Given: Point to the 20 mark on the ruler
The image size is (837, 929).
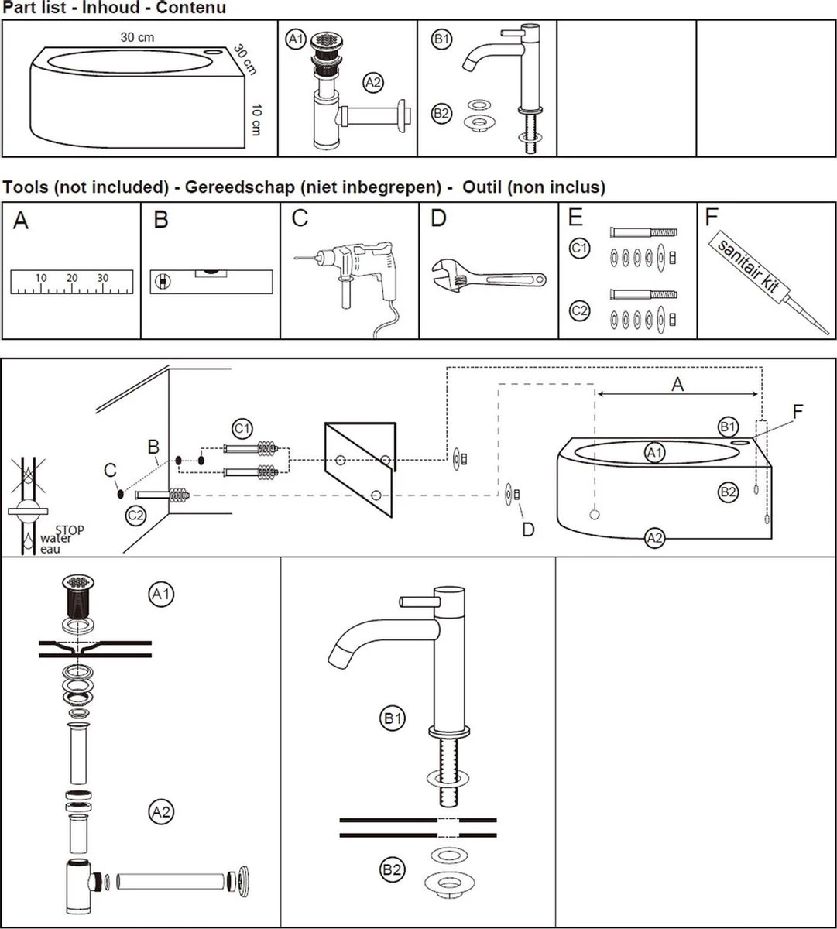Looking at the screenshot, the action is pyautogui.click(x=72, y=278).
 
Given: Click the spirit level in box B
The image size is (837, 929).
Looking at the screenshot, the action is pyautogui.click(x=211, y=281).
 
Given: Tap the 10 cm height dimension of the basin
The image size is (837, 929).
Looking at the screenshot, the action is pyautogui.click(x=256, y=119).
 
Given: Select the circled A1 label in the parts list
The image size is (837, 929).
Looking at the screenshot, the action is pyautogui.click(x=296, y=39).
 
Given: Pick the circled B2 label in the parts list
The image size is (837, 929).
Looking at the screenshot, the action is pyautogui.click(x=441, y=114).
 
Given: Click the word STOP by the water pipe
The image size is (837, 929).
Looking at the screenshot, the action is pyautogui.click(x=70, y=530).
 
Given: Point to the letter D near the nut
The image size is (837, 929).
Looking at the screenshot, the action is pyautogui.click(x=528, y=530).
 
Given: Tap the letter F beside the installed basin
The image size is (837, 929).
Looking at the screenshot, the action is pyautogui.click(x=798, y=411).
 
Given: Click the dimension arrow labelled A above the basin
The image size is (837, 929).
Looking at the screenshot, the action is pyautogui.click(x=677, y=394).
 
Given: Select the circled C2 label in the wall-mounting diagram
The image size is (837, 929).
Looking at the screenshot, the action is pyautogui.click(x=135, y=515).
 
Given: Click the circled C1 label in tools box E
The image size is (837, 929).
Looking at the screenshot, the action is pyautogui.click(x=579, y=249).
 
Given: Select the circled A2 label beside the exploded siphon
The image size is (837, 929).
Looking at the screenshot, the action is pyautogui.click(x=161, y=811).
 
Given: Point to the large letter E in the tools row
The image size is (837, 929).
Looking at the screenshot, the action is pyautogui.click(x=575, y=218).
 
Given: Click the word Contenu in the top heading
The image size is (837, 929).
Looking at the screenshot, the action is pyautogui.click(x=190, y=8).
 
